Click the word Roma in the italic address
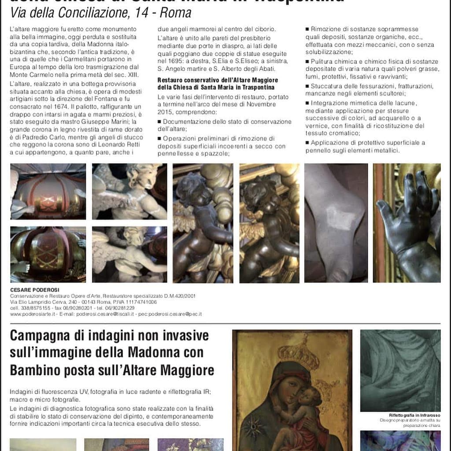pos(175,13)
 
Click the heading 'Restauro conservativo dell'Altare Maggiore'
pos(218,80)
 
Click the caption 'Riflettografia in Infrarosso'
pos(414,415)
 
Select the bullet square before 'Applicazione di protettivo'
pos(307,143)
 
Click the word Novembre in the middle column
pos(260,104)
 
